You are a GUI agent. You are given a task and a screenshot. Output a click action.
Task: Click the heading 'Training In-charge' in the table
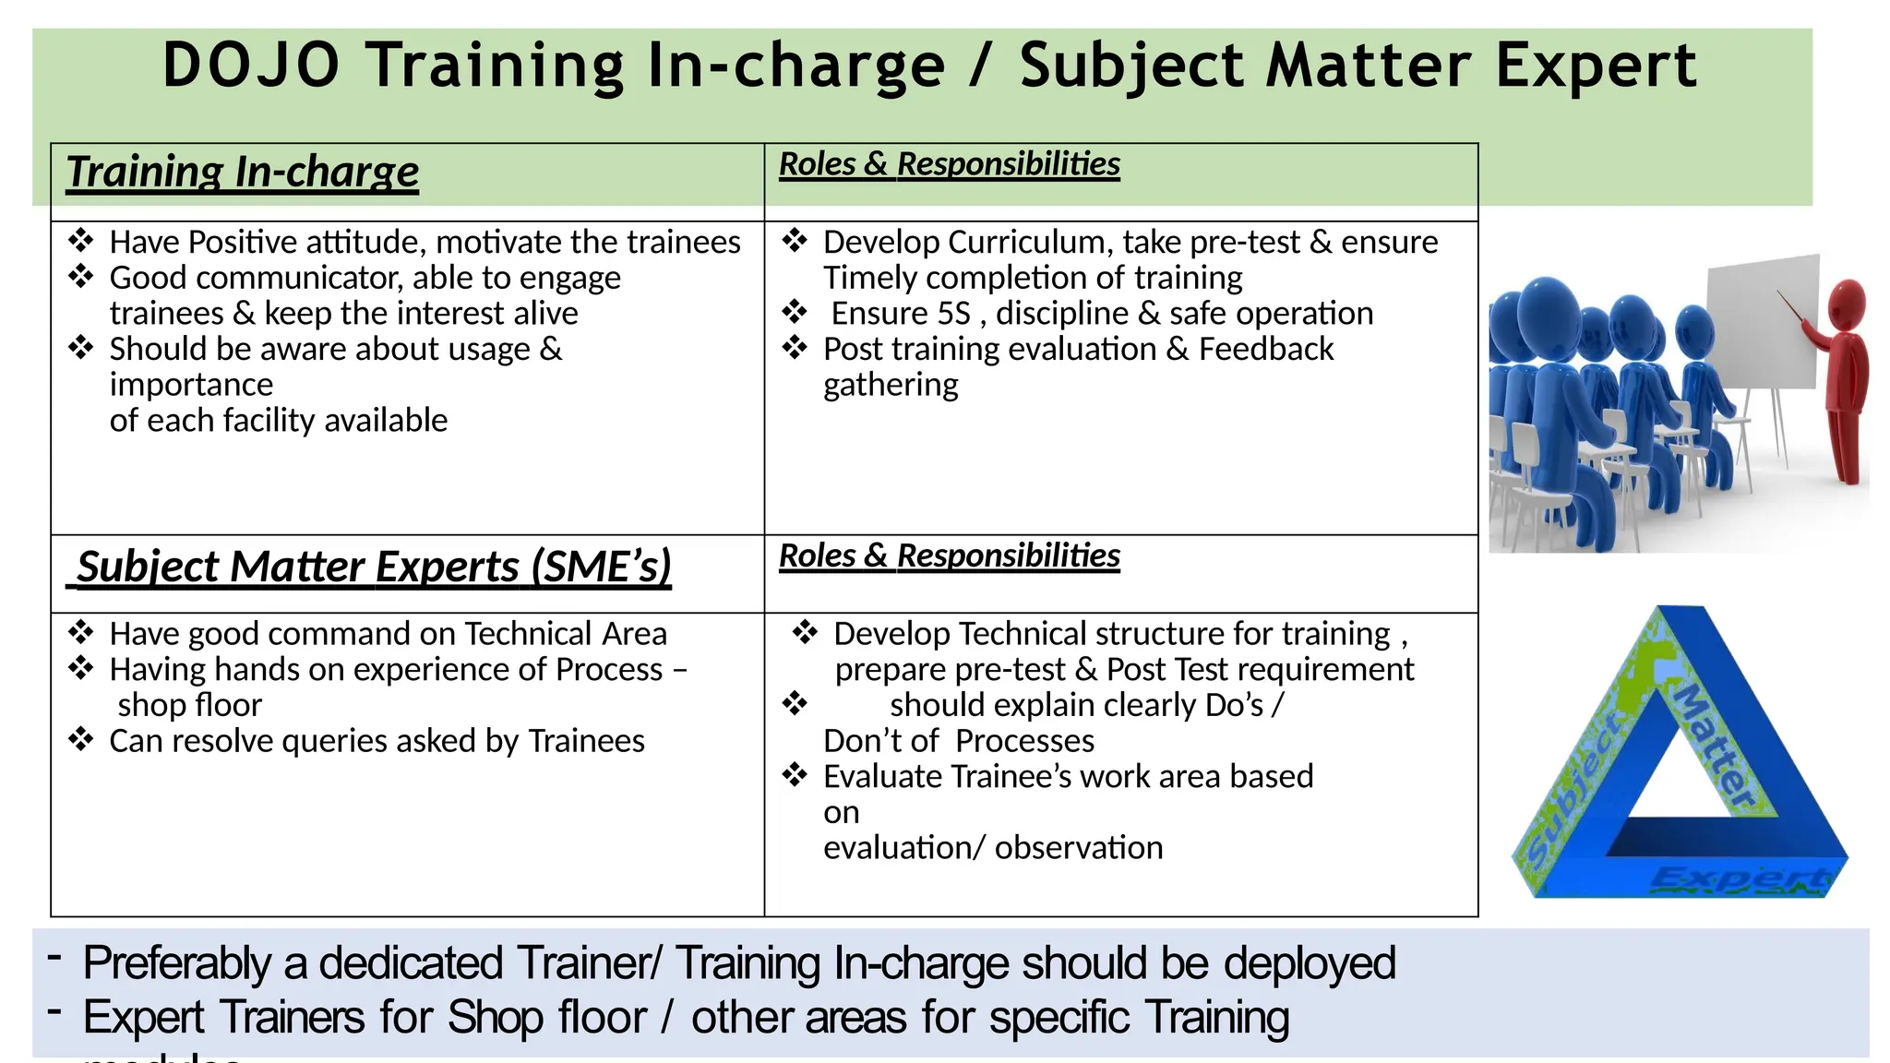point(243,173)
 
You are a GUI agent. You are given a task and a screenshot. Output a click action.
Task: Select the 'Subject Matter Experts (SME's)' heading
point(374,567)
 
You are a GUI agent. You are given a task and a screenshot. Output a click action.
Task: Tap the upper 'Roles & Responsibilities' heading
point(949,164)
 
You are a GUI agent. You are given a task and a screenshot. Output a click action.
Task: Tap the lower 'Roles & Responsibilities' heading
point(949,556)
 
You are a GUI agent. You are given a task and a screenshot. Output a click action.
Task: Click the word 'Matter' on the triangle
point(1715,747)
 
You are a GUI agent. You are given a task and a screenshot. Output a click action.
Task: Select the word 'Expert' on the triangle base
point(1739,878)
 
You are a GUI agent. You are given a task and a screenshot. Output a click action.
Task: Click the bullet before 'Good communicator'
point(81,277)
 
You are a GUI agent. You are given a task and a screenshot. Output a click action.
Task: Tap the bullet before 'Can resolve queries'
point(81,740)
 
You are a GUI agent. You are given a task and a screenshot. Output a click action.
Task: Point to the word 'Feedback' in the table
point(1265,350)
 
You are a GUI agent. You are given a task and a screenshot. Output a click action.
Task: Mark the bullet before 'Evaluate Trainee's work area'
point(795,776)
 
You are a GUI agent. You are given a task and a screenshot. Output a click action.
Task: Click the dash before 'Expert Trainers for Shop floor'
point(55,1012)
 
